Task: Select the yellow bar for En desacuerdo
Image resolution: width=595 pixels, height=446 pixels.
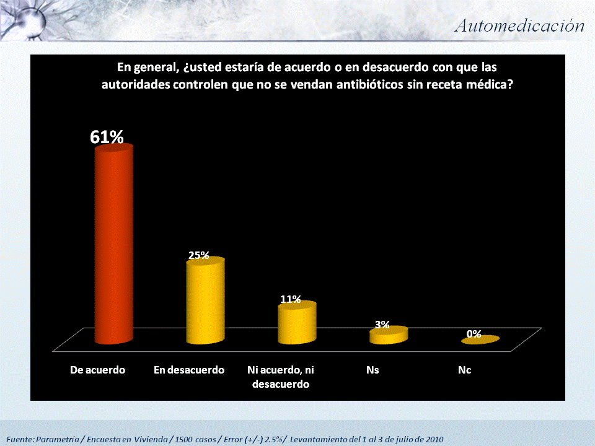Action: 205,302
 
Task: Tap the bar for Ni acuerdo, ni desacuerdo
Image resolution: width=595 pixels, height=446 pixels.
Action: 297,323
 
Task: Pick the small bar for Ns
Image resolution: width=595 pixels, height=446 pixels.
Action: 389,335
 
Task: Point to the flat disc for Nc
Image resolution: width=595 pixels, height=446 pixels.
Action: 480,339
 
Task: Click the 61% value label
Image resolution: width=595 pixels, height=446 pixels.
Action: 107,137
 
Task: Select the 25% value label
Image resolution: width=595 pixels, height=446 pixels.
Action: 199,255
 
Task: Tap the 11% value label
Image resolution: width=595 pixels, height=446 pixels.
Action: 290,299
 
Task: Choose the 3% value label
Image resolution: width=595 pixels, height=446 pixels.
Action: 382,324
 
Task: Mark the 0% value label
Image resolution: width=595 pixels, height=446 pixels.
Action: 474,333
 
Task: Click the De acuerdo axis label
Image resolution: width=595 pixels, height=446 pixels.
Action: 97,370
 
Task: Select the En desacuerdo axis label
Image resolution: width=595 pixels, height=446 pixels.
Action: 189,370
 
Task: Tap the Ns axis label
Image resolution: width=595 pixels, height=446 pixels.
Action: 372,370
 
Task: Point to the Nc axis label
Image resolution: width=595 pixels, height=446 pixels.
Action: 464,370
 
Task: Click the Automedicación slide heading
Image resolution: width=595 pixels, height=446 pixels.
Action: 519,25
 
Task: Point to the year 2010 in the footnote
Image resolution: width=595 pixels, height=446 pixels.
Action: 433,439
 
